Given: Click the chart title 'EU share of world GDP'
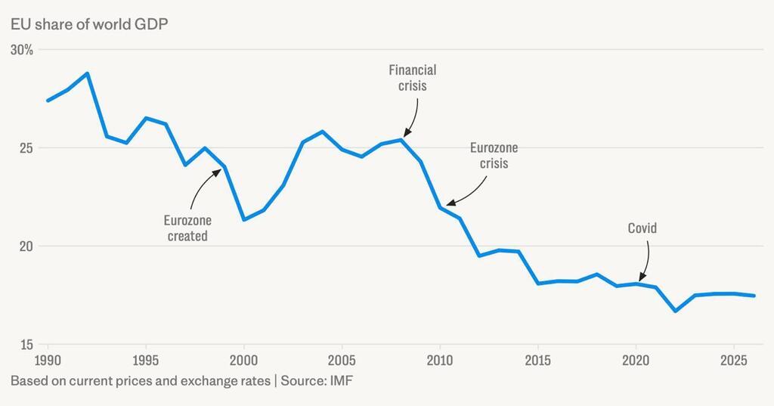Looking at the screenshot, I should click(89, 23).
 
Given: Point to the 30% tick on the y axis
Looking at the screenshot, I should click(22, 50).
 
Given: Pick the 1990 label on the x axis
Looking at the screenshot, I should click(48, 358).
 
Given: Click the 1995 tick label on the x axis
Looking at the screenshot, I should click(145, 358).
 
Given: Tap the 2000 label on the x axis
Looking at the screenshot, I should click(243, 358).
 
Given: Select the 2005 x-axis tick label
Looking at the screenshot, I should click(342, 358).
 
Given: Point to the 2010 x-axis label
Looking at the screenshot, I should click(440, 358).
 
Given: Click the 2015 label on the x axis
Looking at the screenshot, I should click(538, 358).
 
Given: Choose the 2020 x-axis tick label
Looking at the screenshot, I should click(636, 358).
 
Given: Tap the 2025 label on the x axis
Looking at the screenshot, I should click(734, 358).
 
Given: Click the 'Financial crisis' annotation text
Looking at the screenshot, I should click(413, 78).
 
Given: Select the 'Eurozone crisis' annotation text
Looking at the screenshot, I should click(494, 156).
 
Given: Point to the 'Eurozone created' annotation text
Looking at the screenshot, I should click(187, 228).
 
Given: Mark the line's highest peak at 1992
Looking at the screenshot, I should click(87, 73).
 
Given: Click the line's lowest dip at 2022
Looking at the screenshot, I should click(676, 311).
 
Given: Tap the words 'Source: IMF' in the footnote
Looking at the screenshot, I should click(317, 381).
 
